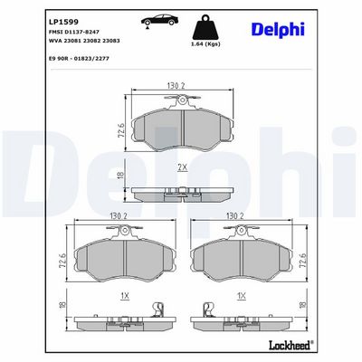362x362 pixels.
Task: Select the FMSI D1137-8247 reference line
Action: tap(74, 32)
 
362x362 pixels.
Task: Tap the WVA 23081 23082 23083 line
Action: tap(84, 41)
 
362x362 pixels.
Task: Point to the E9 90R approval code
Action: tap(79, 59)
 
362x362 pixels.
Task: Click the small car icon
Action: tap(159, 21)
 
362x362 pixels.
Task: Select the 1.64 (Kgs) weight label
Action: tap(206, 44)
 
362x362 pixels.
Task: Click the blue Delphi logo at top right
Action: tap(278, 30)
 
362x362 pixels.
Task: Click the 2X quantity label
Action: tap(182, 167)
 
